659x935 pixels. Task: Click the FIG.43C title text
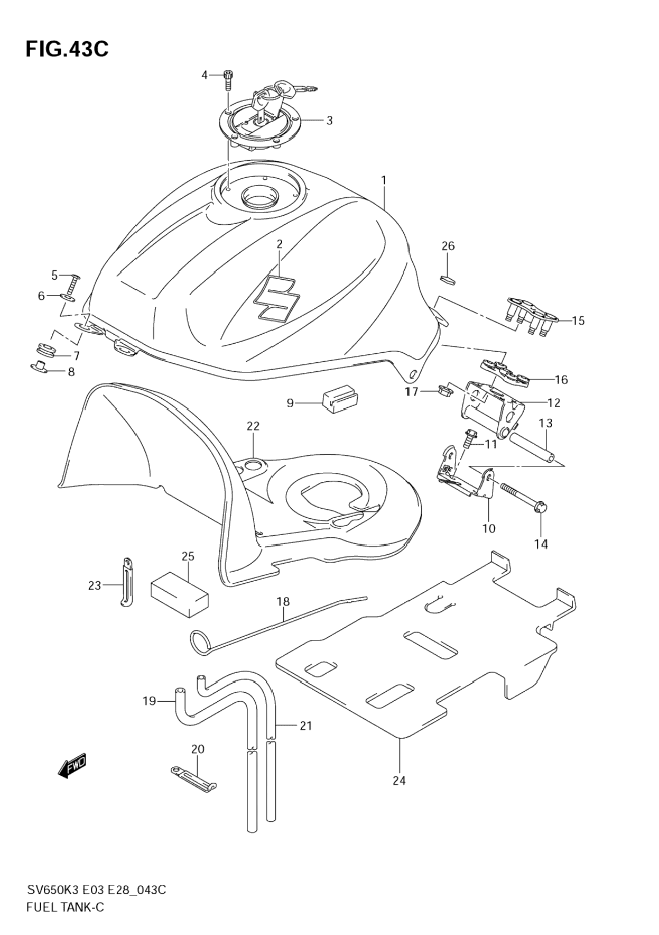click(x=67, y=49)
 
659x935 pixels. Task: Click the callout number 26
click(x=448, y=246)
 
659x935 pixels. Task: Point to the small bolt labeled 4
click(x=228, y=80)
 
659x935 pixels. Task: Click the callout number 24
click(x=399, y=780)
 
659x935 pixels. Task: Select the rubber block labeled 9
click(x=338, y=399)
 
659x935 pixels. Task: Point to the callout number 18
click(x=283, y=601)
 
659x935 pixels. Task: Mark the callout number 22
click(x=253, y=426)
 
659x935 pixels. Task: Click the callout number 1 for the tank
click(x=384, y=180)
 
